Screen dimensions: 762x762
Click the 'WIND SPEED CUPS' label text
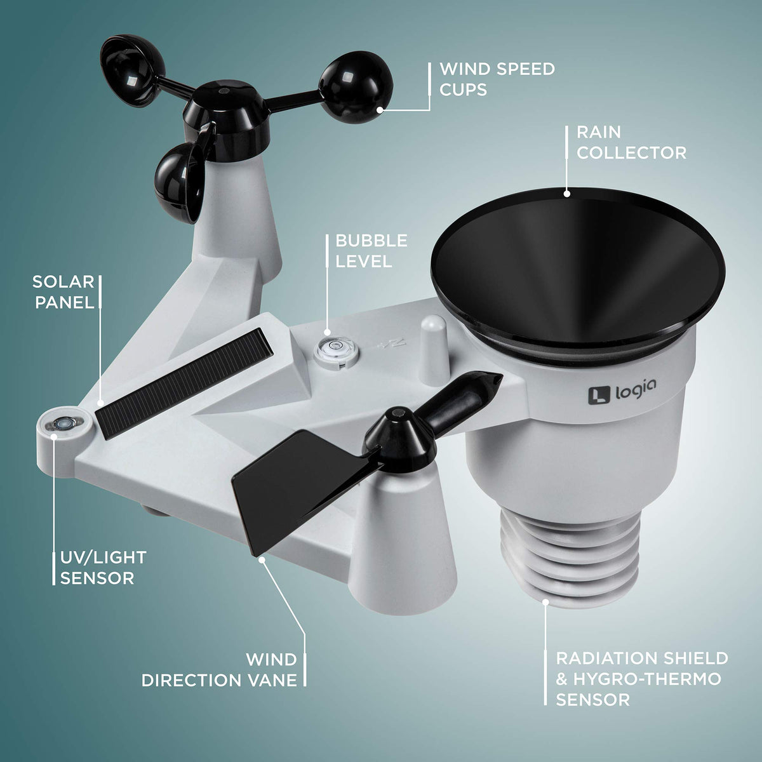click(497, 79)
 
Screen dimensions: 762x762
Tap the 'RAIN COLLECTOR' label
click(631, 143)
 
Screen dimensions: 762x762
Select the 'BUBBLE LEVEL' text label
click(371, 251)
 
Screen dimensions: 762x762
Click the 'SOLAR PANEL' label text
click(64, 292)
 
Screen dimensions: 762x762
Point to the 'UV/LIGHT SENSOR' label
click(104, 568)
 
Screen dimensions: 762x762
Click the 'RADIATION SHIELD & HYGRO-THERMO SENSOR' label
click(642, 679)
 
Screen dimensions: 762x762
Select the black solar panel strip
click(184, 382)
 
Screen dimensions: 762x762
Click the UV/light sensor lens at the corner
click(62, 424)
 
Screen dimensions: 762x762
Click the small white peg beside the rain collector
click(434, 350)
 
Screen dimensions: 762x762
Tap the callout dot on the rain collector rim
click(566, 194)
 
